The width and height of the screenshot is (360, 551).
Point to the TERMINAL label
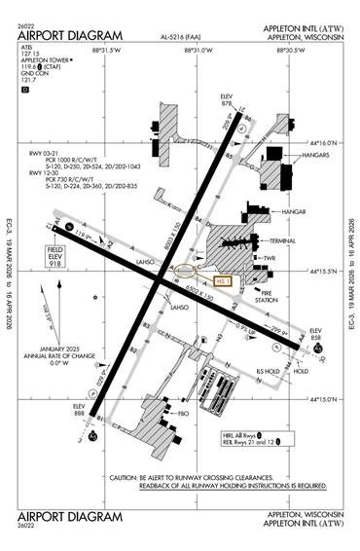click(x=284, y=240)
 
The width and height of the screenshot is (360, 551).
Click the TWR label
click(x=271, y=258)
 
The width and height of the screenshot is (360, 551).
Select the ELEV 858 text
click(x=313, y=336)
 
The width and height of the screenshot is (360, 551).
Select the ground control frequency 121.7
click(x=32, y=80)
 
